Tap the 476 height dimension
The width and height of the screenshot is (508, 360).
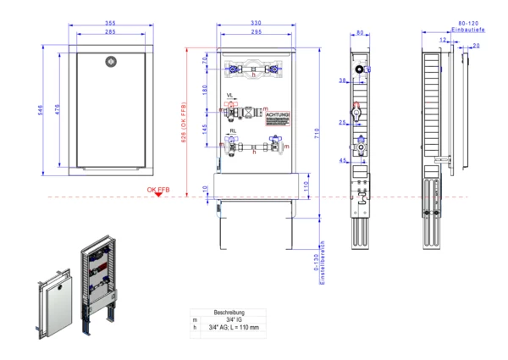point(58,109)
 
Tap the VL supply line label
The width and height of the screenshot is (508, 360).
point(231,95)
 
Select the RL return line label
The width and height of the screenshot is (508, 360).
point(232,131)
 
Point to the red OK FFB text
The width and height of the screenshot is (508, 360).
point(158,190)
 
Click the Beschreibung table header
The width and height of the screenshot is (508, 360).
point(229,311)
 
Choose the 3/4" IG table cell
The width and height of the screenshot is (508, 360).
point(229,318)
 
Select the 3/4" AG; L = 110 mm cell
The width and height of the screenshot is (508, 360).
point(234,327)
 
